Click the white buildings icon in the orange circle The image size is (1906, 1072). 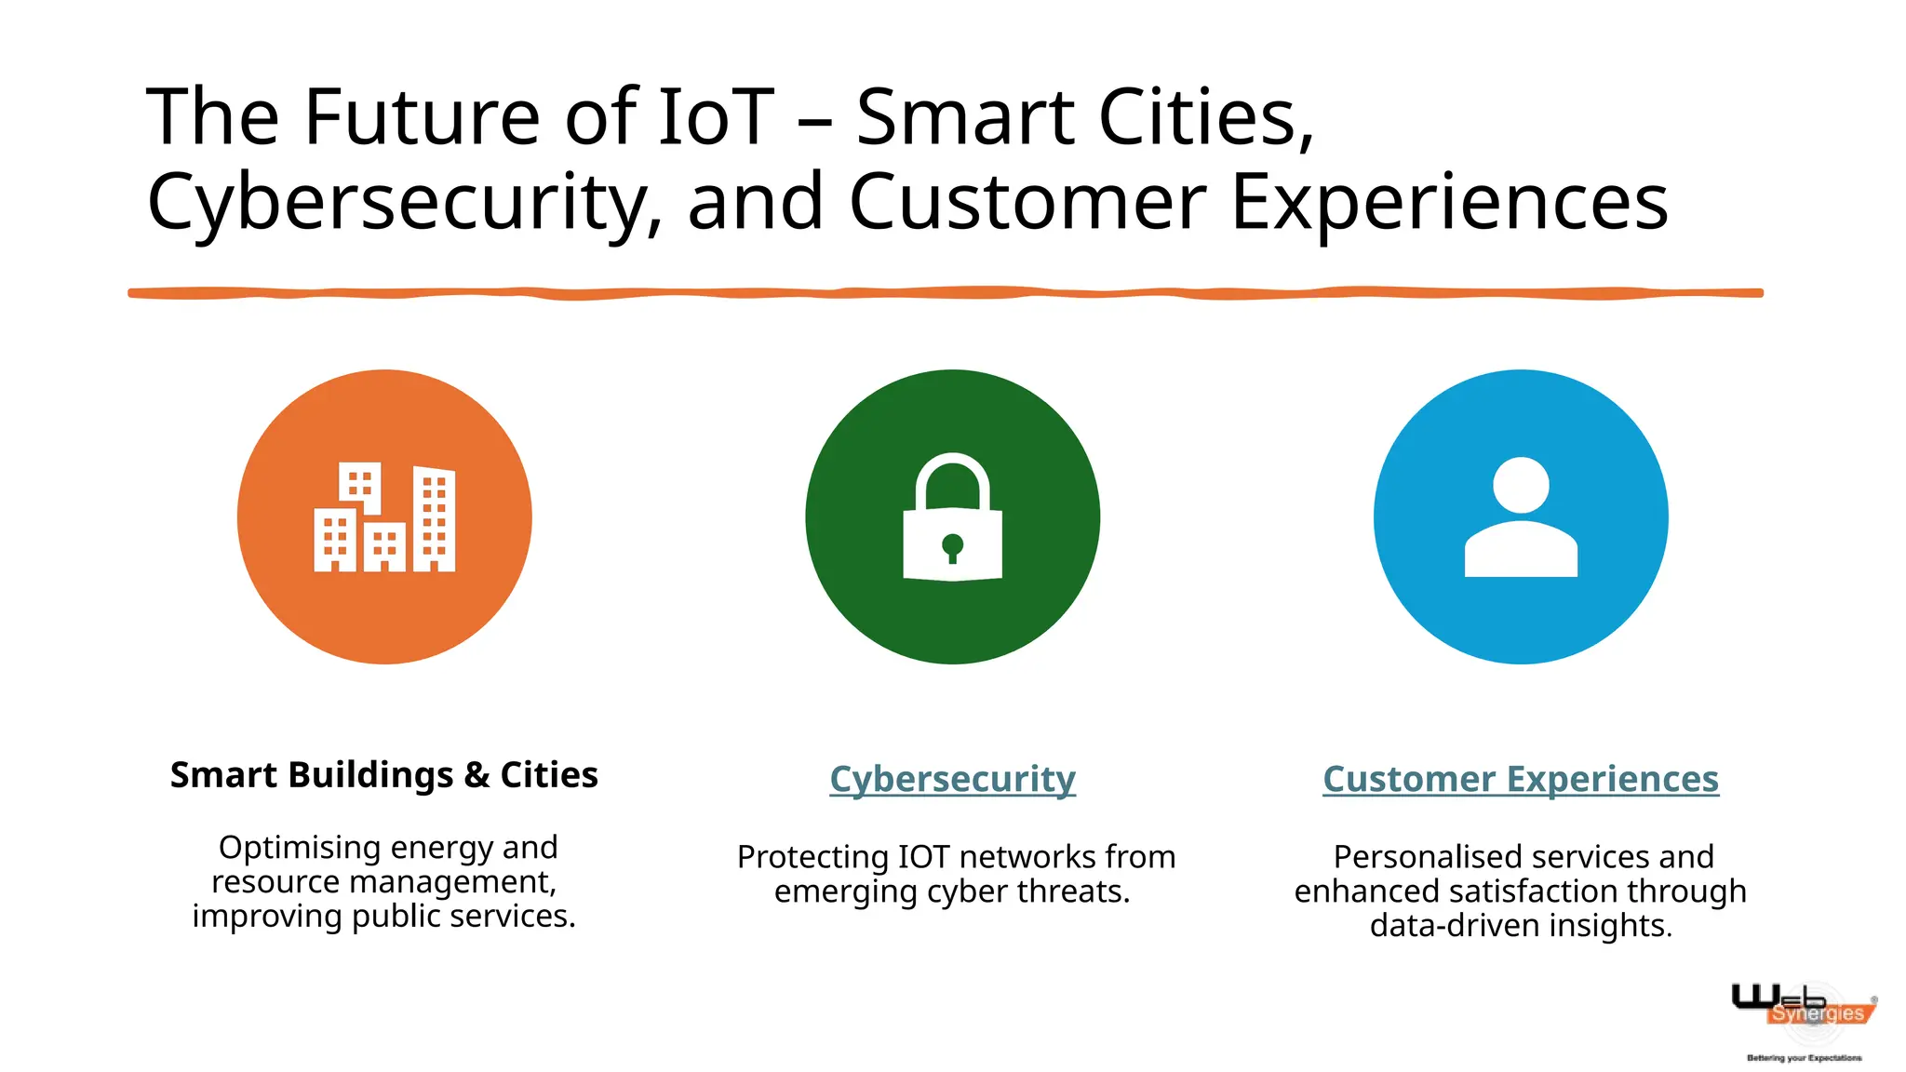pyautogui.click(x=384, y=517)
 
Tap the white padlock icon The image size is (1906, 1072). pyautogui.click(x=952, y=521)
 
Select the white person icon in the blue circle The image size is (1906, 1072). pyautogui.click(x=1521, y=517)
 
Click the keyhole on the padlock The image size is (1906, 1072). pyautogui.click(x=952, y=546)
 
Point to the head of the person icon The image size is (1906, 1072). pyautogui.click(x=1521, y=485)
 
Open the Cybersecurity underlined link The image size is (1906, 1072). pyautogui.click(x=952, y=779)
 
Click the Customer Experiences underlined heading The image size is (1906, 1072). pyautogui.click(x=1521, y=779)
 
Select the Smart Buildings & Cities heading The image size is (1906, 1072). pyautogui.click(x=383, y=775)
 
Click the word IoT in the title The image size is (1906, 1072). pyautogui.click(x=716, y=117)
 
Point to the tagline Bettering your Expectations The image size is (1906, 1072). pyautogui.click(x=1804, y=1058)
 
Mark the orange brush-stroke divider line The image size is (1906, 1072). pyautogui.click(x=945, y=293)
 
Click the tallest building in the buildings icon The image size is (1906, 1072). pyautogui.click(x=434, y=519)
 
